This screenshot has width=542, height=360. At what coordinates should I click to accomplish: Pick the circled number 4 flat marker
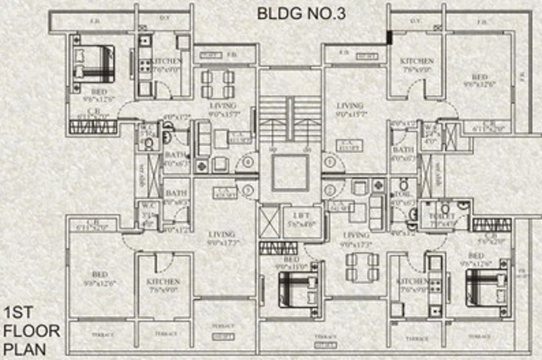(249, 163)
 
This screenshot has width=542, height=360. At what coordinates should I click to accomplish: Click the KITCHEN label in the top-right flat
(416, 61)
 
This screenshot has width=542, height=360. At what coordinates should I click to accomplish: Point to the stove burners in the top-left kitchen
(145, 65)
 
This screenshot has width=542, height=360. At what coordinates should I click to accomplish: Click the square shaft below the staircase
(291, 171)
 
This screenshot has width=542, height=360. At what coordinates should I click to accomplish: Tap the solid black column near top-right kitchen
(390, 38)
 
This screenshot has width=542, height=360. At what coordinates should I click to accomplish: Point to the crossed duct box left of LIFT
(269, 222)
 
